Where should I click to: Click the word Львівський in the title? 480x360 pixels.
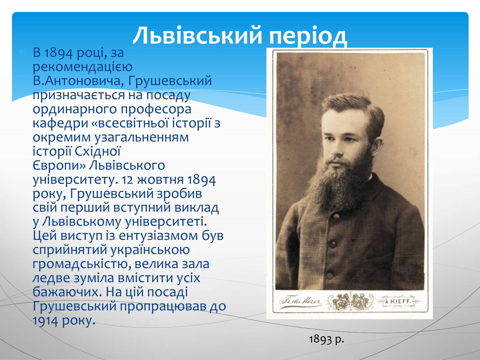[x=197, y=35]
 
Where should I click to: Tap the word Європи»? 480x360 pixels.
[x=59, y=166]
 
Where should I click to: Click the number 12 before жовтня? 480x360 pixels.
[x=127, y=180]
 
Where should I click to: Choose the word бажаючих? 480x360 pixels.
[x=67, y=292]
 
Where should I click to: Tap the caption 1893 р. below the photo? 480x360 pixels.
[x=326, y=340]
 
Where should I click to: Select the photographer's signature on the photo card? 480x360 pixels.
[x=301, y=302]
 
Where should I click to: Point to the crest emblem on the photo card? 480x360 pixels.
[x=350, y=301]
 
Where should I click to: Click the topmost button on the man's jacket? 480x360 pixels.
[x=337, y=217]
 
